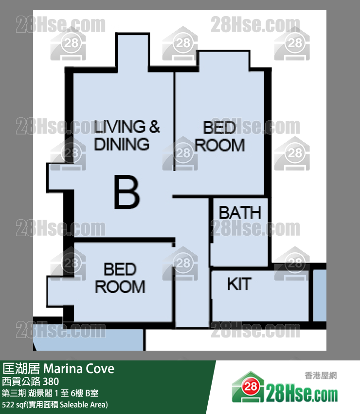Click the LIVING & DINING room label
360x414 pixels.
pyautogui.click(x=127, y=135)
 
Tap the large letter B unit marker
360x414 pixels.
pyautogui.click(x=126, y=192)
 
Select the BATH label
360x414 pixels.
pyautogui.click(x=240, y=213)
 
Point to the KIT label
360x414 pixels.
pyautogui.click(x=239, y=284)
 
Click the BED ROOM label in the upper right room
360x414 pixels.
pyautogui.click(x=220, y=136)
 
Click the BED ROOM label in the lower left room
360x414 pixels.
pyautogui.click(x=120, y=278)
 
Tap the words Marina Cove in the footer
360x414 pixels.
pyautogui.click(x=79, y=369)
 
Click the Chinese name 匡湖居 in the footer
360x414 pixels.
pyautogui.click(x=21, y=369)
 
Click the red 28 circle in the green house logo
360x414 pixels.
pyautogui.click(x=250, y=387)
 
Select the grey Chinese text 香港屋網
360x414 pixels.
pyautogui.click(x=321, y=376)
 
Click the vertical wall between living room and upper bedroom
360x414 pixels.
pyautogui.click(x=174, y=121)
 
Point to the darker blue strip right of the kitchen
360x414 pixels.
pyautogui.click(x=320, y=296)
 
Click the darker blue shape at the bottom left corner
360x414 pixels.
pyautogui.click(x=89, y=340)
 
